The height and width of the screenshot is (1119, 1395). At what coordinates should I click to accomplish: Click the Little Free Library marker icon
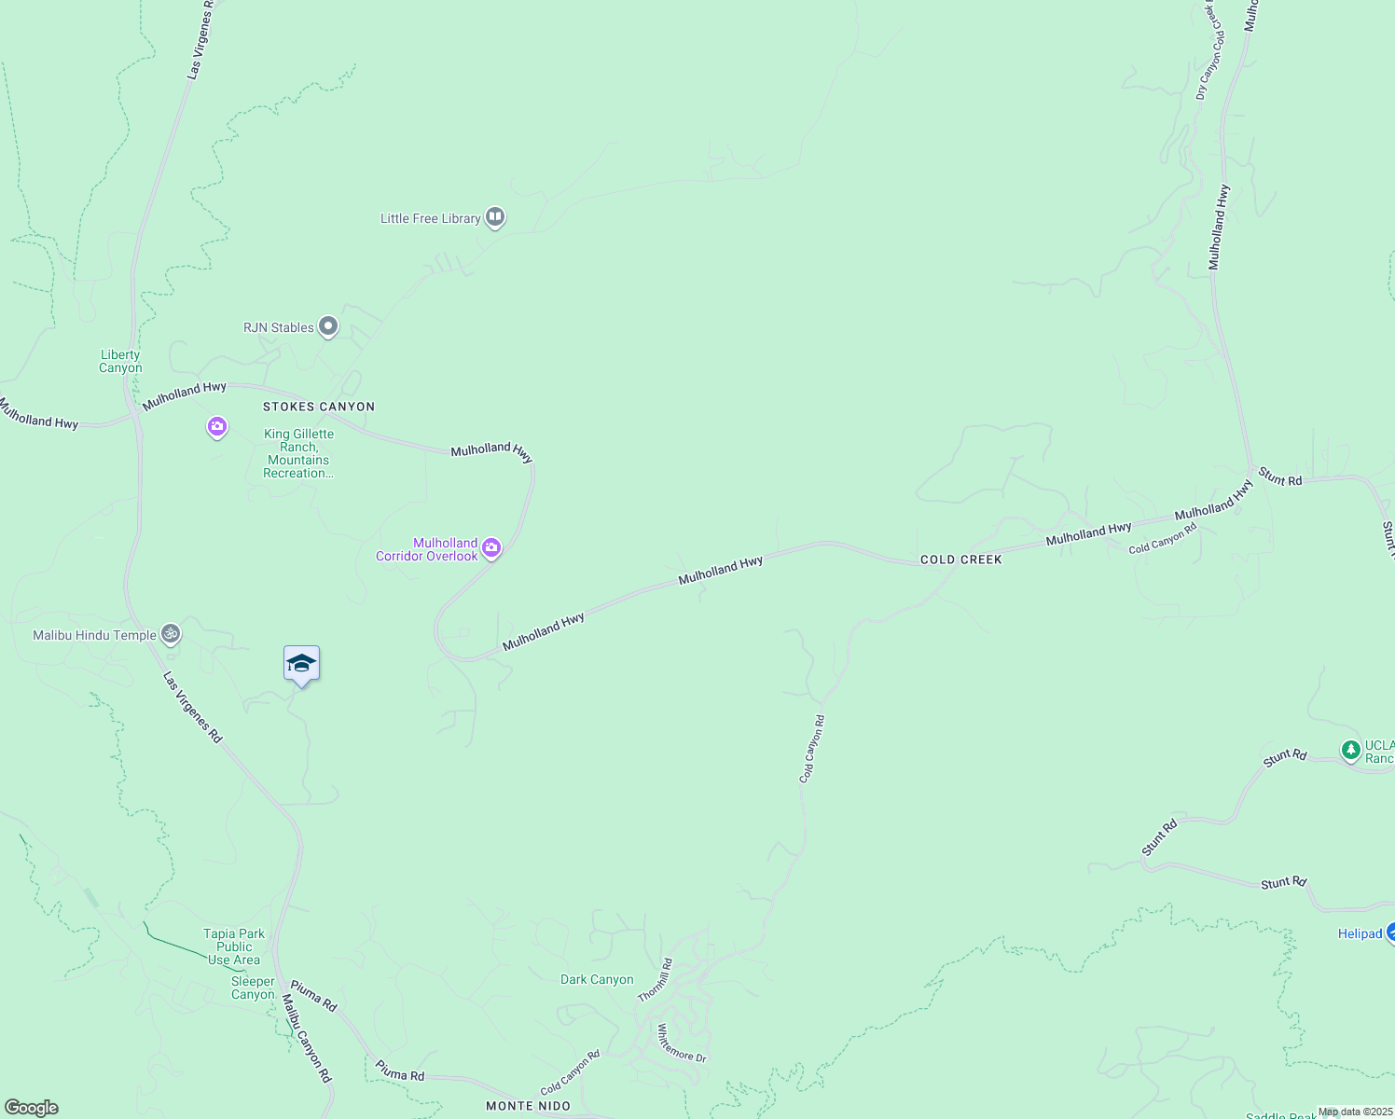(495, 217)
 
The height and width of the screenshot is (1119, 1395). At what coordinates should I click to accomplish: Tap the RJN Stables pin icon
(327, 326)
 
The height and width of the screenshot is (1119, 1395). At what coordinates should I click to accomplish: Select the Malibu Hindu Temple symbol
(170, 634)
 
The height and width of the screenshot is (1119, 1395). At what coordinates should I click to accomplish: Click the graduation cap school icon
(301, 664)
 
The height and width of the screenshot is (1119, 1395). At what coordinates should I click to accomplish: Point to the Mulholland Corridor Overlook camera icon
(491, 548)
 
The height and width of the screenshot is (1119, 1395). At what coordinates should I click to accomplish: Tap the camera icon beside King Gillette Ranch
(217, 427)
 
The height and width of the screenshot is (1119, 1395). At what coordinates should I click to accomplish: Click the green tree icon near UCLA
(1350, 749)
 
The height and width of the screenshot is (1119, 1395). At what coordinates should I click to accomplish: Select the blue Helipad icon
(1389, 932)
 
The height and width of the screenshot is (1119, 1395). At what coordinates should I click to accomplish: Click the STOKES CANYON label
(319, 407)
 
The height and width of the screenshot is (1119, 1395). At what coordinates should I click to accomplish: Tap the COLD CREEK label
(961, 559)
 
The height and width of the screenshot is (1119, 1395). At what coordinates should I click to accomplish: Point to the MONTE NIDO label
(529, 1106)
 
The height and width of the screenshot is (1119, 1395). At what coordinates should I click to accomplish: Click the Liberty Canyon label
(120, 361)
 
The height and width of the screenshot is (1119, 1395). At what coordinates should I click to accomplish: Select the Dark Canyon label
(597, 979)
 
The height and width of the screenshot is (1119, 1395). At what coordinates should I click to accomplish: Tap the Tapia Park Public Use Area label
(234, 946)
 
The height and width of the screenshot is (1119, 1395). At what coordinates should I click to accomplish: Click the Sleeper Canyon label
(253, 988)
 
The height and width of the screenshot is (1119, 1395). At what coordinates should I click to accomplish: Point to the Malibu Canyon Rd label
(307, 1038)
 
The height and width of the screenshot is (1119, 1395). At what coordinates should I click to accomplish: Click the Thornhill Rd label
(655, 980)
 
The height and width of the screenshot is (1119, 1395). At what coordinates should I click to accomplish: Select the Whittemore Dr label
(682, 1043)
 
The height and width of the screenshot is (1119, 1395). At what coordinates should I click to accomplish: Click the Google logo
(31, 1108)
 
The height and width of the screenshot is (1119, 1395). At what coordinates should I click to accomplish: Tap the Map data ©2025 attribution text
(1355, 1112)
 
